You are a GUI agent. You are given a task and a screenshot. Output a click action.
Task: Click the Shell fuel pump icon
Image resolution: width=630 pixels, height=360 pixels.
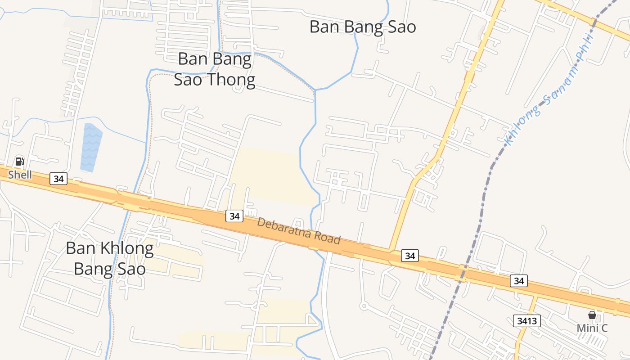(x=19, y=162)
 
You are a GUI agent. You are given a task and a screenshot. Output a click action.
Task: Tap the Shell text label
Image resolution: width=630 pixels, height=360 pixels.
(x=20, y=175)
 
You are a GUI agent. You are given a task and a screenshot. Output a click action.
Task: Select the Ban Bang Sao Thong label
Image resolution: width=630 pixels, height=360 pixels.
(x=215, y=69)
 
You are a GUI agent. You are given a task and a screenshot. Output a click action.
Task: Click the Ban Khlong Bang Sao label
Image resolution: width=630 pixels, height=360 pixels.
(x=110, y=259)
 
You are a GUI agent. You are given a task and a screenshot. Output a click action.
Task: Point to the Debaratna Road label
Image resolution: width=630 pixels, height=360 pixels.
(x=299, y=231)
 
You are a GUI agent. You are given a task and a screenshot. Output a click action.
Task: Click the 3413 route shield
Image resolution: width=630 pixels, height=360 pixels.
(x=526, y=321)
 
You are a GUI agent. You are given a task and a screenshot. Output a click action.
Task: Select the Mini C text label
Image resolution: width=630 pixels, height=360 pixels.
(x=592, y=328)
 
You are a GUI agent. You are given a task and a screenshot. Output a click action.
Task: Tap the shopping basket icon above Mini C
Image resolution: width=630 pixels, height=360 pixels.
(x=592, y=315)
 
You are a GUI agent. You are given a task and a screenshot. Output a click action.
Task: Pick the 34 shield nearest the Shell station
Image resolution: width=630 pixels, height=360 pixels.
(x=58, y=179)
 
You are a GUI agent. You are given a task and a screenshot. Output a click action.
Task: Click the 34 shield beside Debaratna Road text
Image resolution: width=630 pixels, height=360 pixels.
(x=234, y=216)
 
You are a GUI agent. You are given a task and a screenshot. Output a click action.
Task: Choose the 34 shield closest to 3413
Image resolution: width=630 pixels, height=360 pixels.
(x=519, y=281)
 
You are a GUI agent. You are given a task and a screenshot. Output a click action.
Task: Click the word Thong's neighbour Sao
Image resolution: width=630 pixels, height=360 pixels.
(x=189, y=80)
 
